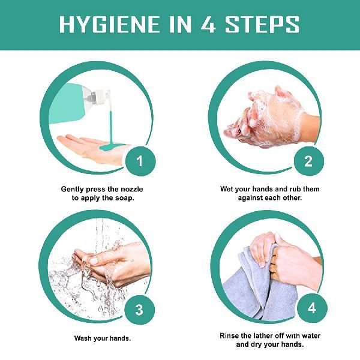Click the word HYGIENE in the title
coord(110,24)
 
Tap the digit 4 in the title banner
coord(208,24)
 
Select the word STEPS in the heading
coord(262,24)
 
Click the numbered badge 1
coord(140,161)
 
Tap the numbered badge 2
coord(308,161)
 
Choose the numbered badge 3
coord(139,310)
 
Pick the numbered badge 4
coord(312,308)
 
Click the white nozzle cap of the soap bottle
coord(102,99)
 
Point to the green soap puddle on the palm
coord(113,146)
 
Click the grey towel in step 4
coord(259,287)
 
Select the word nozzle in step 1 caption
coord(132,189)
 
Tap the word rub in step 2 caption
coord(295,189)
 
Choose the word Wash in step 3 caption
coord(83,338)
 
